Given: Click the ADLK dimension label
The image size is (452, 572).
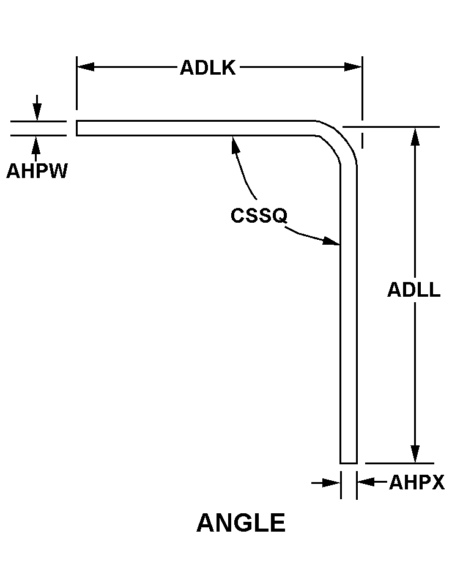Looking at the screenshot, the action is point(208,68).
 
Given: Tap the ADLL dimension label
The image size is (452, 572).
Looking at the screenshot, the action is point(413,290).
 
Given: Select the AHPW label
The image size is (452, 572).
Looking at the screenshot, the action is point(37,171).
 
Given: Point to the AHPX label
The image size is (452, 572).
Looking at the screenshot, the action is point(417,483).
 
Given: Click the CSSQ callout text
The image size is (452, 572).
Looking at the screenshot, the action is point(259,215).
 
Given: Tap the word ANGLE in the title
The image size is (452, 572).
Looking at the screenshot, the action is point(241,522).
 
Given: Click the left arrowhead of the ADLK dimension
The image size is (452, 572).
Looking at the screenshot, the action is point(86,67).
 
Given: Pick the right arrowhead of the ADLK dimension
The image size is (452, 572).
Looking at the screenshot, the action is point(353,67).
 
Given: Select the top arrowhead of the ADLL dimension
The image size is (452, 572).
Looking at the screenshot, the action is point(415,136).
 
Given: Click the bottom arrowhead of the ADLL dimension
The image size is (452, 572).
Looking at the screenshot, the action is point(415,454).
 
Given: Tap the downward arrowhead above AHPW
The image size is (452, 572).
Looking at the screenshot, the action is point(37,112).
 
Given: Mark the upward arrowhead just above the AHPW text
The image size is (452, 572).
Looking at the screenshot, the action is point(35,144).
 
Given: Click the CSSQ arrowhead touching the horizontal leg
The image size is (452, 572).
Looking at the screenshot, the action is point(235,144).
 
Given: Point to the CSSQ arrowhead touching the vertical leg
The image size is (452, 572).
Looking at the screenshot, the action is point(332,241).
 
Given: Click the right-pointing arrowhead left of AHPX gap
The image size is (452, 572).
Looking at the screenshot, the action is point(332,483).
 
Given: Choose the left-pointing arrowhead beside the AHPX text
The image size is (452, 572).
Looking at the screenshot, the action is point(366,482).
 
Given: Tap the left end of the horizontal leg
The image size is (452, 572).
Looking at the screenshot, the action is point(76,128).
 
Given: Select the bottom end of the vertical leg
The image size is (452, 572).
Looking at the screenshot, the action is point(349,463).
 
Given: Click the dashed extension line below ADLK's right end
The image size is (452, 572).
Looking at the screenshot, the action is point(362,134).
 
